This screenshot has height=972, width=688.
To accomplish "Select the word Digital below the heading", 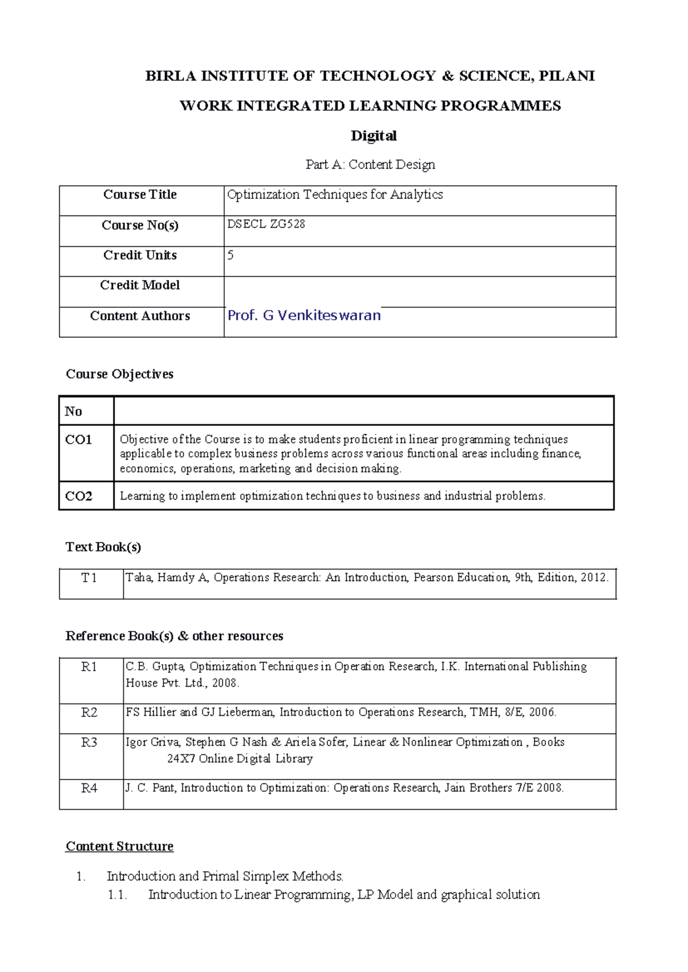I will tap(373, 136).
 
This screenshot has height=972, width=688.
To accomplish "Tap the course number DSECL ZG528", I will tap(266, 224).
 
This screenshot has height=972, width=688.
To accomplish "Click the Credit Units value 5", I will tap(230, 255).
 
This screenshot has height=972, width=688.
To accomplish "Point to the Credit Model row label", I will tap(140, 285).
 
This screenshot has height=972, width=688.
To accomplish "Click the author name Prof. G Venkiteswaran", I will tap(304, 315).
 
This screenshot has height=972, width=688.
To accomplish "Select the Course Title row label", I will tap(140, 194).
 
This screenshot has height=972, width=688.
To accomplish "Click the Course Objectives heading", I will tap(119, 374).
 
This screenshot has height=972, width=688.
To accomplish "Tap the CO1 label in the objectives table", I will tap(79, 440).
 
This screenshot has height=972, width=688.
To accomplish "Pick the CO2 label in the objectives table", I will tap(79, 496).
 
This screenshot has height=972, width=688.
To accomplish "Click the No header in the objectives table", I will tap(73, 411).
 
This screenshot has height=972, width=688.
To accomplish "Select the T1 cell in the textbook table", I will tap(89, 578).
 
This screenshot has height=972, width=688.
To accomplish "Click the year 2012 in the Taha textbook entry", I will tap(593, 578).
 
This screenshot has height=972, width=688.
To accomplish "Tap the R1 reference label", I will tap(89, 667).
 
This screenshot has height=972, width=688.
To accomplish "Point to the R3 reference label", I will tap(89, 742).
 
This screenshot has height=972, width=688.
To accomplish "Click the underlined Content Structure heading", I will tap(119, 846).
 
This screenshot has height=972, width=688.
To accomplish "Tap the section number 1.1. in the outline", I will tap(118, 895).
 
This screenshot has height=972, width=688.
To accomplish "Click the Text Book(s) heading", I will tap(103, 547).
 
